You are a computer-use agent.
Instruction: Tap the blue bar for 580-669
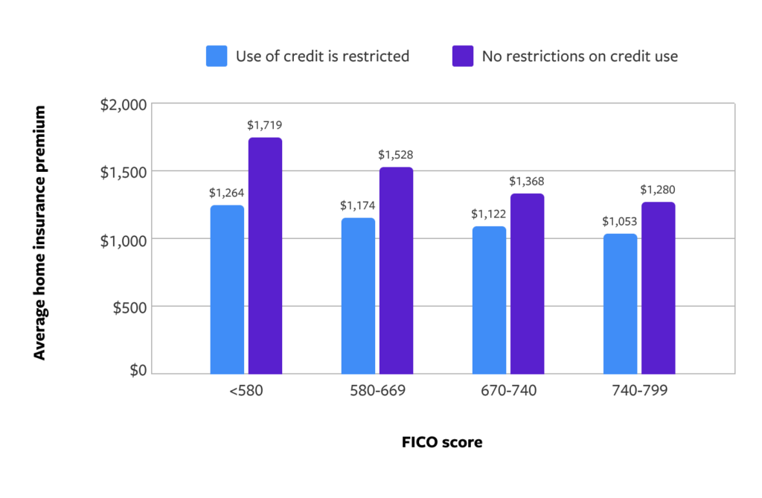click(358, 296)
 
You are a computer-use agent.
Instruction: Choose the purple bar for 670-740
click(527, 284)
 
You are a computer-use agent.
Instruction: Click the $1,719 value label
click(265, 125)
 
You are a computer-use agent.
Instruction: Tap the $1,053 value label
click(620, 220)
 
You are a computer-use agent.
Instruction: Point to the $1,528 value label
click(396, 155)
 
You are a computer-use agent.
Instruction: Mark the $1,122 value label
click(489, 213)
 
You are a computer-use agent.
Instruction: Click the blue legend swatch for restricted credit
click(217, 56)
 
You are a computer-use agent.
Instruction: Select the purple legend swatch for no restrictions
click(463, 56)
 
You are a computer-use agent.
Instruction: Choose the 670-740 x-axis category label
click(509, 391)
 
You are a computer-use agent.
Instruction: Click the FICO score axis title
click(442, 442)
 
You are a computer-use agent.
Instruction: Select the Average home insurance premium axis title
click(40, 232)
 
